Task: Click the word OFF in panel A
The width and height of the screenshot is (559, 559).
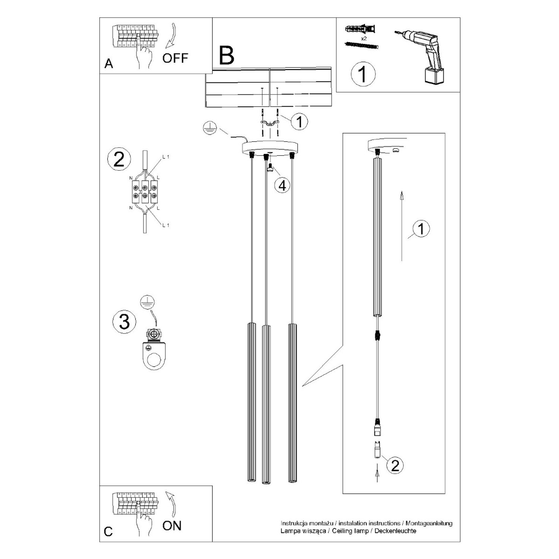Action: (x=175, y=58)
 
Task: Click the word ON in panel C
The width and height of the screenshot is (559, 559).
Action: (x=172, y=526)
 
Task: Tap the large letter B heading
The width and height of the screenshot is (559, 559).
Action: (x=227, y=56)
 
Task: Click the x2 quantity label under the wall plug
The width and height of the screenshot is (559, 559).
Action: (x=363, y=38)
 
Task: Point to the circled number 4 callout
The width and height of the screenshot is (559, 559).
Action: (x=282, y=185)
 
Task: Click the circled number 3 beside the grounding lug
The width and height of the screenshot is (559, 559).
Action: (x=124, y=322)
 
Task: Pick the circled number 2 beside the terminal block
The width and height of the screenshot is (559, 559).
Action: (x=119, y=160)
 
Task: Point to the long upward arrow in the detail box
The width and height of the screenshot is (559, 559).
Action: (x=402, y=226)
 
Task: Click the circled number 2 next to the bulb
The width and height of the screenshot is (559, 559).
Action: (x=395, y=465)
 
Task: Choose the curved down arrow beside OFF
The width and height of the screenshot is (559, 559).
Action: (x=171, y=36)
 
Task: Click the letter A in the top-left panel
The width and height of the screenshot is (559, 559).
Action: (x=108, y=64)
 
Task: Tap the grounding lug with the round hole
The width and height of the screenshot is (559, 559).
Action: (x=154, y=353)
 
